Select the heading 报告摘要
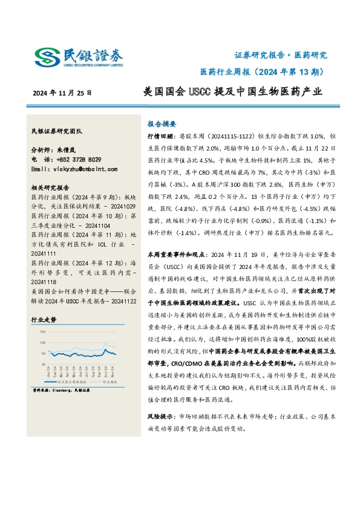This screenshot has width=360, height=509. (x=163, y=121)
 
